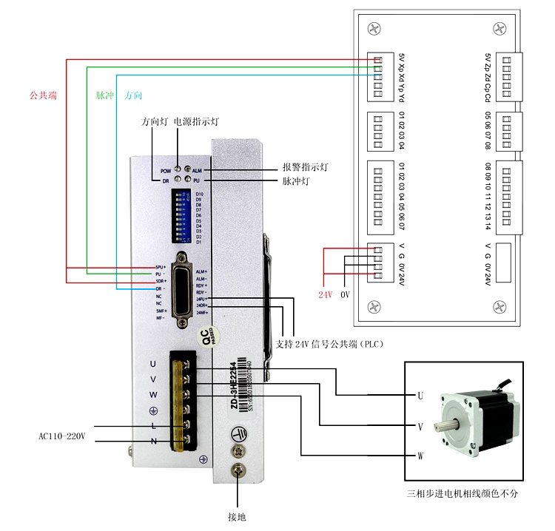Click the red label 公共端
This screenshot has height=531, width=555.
[x=43, y=95]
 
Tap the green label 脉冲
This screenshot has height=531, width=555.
[x=104, y=95]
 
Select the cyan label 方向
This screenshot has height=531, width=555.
[x=134, y=95]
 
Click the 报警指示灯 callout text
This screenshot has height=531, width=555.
[x=305, y=168]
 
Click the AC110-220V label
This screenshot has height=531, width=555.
[x=62, y=436]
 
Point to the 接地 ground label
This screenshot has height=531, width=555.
[x=237, y=515]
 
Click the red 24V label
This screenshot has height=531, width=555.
[x=326, y=294]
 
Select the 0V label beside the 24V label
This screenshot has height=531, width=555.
[x=345, y=294]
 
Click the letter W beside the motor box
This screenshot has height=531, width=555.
[x=420, y=456]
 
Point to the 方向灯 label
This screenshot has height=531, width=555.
[x=154, y=121]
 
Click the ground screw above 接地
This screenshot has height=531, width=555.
[x=238, y=470]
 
